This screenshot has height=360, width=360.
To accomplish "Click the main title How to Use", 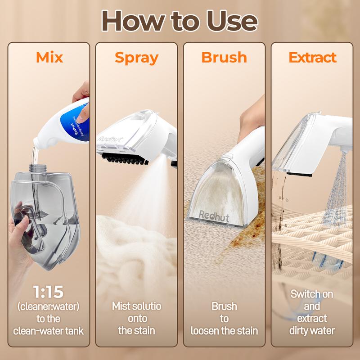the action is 180,21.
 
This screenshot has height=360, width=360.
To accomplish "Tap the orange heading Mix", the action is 49,57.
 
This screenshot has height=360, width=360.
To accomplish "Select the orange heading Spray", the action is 137,58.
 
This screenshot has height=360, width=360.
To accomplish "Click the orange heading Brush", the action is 224,57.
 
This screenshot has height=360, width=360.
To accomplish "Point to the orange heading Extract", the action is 312,57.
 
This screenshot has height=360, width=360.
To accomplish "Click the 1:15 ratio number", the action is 48,292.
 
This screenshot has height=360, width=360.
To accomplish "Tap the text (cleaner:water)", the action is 49,306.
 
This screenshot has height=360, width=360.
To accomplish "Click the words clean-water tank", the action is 49,331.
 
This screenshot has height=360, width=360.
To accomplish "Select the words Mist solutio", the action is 137,306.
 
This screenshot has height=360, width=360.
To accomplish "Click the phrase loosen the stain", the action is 224,331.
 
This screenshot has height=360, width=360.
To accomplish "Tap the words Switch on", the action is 312,294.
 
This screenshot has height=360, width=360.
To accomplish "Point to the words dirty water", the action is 312,331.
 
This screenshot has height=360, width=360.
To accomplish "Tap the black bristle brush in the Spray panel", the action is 125,159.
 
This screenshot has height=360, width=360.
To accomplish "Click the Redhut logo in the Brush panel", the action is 214,216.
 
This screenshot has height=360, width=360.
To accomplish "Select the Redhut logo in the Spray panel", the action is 110,139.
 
